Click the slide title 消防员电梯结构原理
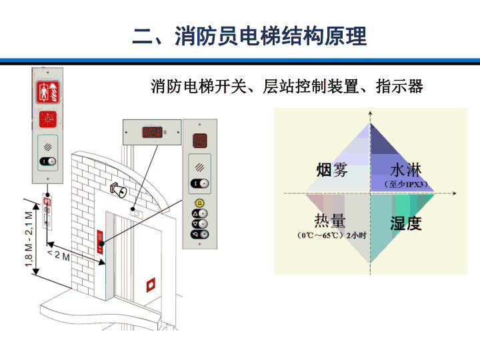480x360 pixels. click(271, 36)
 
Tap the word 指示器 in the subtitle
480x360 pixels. click(399, 86)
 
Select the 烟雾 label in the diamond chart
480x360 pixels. click(332, 170)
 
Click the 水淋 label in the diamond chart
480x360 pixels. click(406, 170)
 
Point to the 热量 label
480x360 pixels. click(330, 220)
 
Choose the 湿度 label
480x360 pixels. click(406, 223)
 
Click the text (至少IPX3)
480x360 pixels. click(406, 184)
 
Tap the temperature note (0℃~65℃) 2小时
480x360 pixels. click(332, 235)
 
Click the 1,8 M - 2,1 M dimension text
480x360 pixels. click(29, 239)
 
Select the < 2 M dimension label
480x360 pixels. click(59, 255)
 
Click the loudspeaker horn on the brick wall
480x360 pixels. click(118, 190)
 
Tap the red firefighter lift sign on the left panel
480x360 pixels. click(48, 92)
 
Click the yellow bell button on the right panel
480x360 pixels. click(199, 203)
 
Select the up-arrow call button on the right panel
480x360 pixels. click(199, 213)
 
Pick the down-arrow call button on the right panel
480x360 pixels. click(199, 224)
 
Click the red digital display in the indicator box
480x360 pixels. click(152, 132)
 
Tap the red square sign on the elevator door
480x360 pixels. click(151, 285)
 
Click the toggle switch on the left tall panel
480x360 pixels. click(48, 161)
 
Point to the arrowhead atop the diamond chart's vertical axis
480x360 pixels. click(371, 113)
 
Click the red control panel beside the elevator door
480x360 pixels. click(100, 242)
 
